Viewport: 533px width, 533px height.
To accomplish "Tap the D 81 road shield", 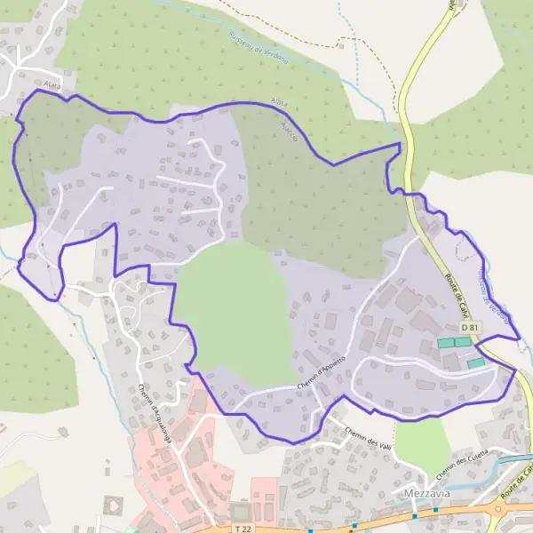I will click(470, 328).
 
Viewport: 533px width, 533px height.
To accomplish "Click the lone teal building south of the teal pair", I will click(477, 362).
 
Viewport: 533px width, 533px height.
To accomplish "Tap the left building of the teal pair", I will click(445, 342).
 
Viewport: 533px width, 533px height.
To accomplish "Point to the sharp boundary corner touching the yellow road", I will click(401, 144).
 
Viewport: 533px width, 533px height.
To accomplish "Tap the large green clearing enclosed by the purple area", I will click(233, 311).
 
